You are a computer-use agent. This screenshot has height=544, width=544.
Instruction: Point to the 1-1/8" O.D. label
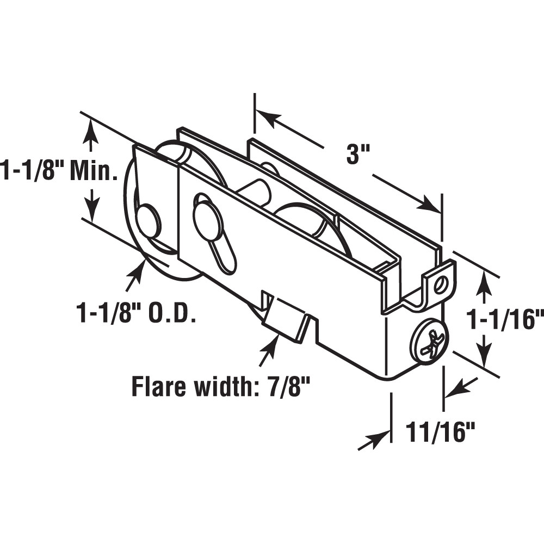coord(136,314)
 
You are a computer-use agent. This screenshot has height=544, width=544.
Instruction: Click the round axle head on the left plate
coord(147,219)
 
